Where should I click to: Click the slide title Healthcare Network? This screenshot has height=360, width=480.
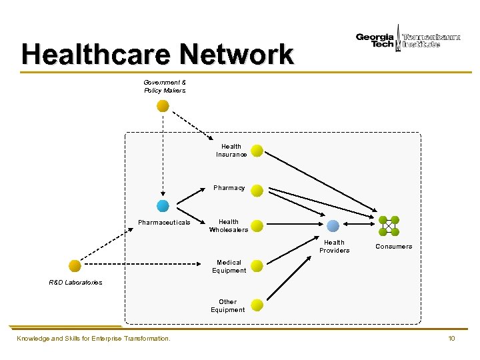157,54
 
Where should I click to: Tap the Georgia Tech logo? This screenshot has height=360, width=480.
375,40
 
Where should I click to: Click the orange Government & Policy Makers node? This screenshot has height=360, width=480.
163,106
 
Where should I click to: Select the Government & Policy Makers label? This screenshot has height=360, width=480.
165,86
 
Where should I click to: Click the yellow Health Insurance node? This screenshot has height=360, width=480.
257,151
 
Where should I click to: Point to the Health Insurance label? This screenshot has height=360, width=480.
231,151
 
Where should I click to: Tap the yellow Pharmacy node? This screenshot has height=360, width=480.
257,190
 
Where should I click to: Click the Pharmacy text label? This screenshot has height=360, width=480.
229,188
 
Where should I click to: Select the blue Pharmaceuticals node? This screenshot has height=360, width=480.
162,206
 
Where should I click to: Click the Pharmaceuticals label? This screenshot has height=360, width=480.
164,222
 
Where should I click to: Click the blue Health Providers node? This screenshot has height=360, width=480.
333,226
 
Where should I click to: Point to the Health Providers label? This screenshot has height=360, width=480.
334,246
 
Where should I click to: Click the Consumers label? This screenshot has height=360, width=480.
393,247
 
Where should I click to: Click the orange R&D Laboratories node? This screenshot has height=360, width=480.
75,265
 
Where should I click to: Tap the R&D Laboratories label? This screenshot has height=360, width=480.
75,283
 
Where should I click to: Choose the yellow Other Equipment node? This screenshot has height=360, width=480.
257,305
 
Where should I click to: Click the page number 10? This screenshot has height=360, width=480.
451,339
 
